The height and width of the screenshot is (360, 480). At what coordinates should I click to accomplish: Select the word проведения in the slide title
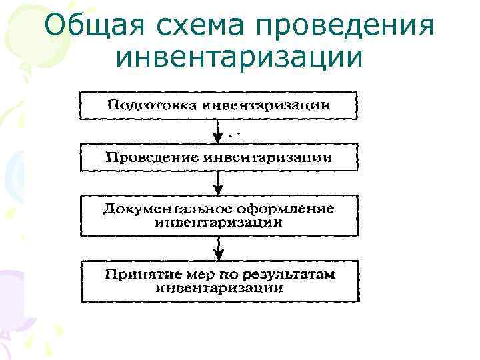point(344,27)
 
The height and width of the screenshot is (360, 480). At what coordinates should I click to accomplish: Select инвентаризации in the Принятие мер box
point(219,288)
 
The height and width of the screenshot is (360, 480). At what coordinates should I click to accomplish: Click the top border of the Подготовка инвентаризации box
point(219,92)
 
